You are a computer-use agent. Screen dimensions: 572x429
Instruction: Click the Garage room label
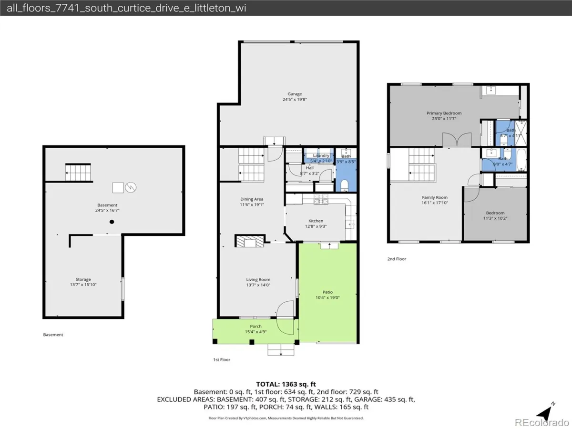click(295, 94)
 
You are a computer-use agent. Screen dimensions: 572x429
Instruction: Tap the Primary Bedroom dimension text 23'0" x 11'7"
click(444, 119)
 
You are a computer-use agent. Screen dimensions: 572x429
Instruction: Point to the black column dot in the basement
click(112, 222)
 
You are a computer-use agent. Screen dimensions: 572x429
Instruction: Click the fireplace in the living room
click(250, 241)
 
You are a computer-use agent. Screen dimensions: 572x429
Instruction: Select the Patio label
click(327, 292)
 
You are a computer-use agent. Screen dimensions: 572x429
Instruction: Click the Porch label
click(255, 326)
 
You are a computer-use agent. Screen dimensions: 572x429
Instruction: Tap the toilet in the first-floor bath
click(345, 185)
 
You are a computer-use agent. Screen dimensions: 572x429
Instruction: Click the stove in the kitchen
click(321, 199)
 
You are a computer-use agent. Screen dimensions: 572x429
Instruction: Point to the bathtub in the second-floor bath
click(521, 159)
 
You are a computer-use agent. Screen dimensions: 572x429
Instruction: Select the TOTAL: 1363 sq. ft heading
click(286, 384)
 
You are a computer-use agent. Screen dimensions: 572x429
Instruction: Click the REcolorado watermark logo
click(542, 422)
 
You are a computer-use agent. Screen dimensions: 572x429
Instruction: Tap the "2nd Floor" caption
click(397, 259)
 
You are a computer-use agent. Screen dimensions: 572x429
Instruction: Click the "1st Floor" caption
click(222, 360)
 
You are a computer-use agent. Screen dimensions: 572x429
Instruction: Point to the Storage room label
click(83, 279)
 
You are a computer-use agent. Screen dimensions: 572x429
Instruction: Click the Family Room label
click(435, 197)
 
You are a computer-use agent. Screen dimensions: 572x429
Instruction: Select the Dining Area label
click(252, 199)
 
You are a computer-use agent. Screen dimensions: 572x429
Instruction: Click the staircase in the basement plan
click(78, 172)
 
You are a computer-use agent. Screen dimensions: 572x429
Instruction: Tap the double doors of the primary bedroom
click(457, 140)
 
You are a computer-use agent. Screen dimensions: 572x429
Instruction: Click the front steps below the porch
click(281, 350)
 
